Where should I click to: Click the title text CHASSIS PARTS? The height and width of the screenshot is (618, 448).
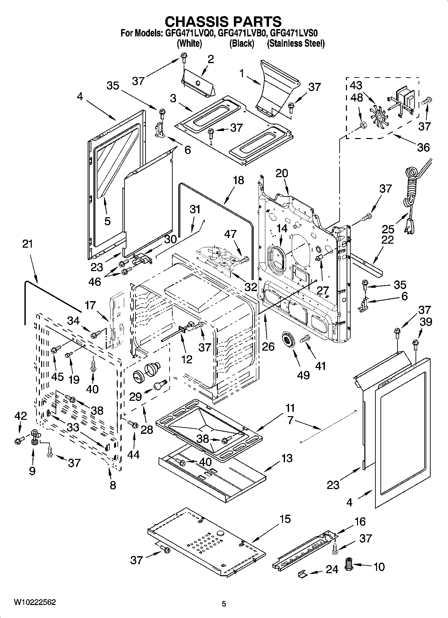point(223,21)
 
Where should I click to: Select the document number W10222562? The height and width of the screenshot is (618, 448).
point(35,602)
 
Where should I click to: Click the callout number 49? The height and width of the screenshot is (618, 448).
point(303,375)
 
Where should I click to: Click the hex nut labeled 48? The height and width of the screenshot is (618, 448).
point(362,126)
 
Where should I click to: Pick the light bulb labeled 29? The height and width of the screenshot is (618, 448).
point(161,384)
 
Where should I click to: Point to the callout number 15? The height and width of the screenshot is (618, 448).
point(285,519)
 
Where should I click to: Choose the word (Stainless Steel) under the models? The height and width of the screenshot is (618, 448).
point(295,43)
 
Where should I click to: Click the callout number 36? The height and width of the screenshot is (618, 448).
point(423,147)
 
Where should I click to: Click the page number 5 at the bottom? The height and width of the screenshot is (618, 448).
point(224,604)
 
